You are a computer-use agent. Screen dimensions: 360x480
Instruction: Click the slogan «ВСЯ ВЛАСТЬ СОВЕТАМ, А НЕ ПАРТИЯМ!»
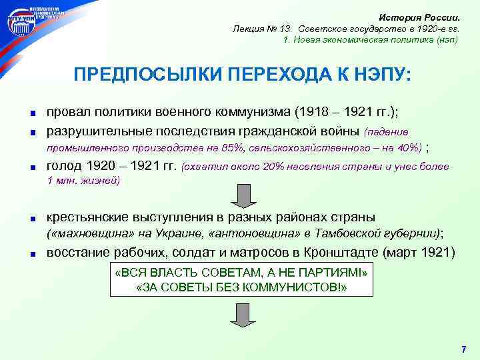(241, 274)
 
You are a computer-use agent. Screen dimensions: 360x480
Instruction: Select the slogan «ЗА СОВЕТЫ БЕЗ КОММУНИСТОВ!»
(241, 287)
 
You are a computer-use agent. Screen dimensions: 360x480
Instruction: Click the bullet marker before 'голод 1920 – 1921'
(31, 167)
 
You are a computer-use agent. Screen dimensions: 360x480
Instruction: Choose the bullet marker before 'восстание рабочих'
(31, 254)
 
